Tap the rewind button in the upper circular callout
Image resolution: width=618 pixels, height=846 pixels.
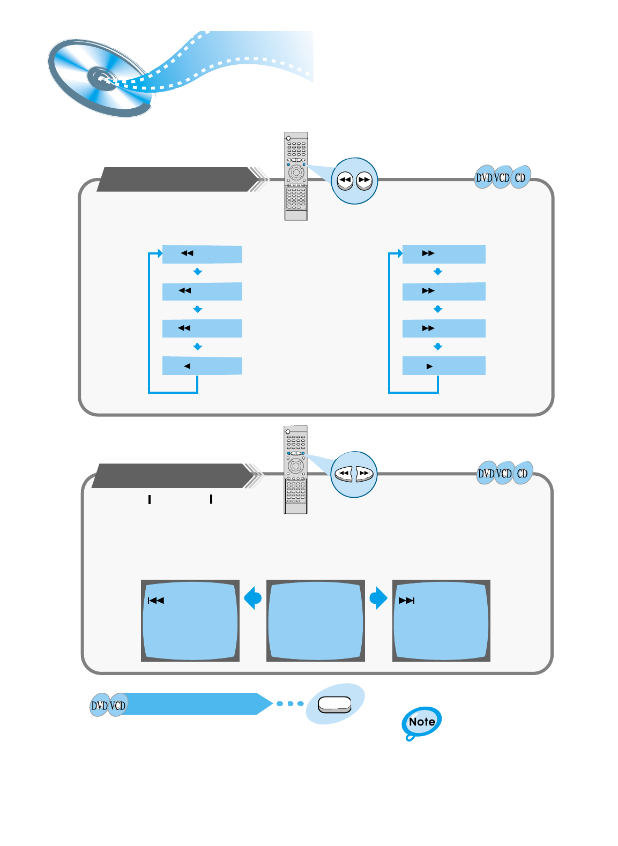tap(345, 181)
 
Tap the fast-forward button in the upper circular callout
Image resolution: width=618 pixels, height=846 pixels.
tap(364, 181)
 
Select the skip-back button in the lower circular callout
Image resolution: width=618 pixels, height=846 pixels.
tap(344, 474)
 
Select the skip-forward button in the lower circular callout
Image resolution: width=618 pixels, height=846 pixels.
tap(364, 474)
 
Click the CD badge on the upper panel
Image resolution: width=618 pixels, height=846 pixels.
tap(520, 177)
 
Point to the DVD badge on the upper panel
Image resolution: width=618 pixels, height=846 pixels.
tap(483, 177)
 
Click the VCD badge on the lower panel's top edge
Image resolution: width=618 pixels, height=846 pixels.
tap(504, 474)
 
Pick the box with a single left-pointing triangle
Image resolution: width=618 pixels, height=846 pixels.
tap(202, 366)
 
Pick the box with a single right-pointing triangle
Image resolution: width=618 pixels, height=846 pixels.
tap(444, 366)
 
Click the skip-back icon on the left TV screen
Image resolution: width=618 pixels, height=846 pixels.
tap(156, 601)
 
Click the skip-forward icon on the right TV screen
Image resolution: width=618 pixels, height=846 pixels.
tap(407, 601)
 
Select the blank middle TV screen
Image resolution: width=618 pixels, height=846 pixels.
tap(315, 620)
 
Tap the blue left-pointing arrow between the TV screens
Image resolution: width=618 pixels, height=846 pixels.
tap(252, 598)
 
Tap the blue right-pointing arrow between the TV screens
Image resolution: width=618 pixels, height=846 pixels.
tap(378, 598)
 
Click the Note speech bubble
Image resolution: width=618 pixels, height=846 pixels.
tap(422, 722)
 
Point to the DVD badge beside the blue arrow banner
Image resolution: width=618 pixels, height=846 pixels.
tap(100, 706)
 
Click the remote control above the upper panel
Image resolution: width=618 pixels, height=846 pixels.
tap(296, 176)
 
